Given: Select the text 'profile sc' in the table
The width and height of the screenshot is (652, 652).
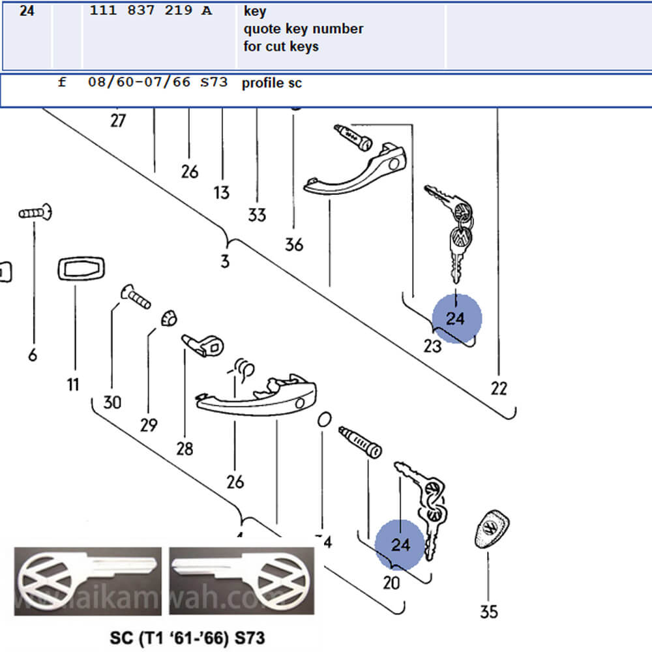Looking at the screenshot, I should [x=272, y=83].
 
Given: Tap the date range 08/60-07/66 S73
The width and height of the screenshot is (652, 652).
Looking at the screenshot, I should [x=158, y=83].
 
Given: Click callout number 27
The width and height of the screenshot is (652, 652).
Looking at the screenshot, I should [x=117, y=121].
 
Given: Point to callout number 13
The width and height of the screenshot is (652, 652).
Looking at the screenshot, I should [x=222, y=192].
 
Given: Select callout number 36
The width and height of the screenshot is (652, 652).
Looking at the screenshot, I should [x=294, y=244].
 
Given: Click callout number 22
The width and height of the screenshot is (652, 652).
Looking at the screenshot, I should [x=499, y=389].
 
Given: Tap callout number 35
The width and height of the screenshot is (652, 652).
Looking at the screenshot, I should [x=489, y=612].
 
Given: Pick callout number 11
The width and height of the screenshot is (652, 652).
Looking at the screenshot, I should [x=72, y=384].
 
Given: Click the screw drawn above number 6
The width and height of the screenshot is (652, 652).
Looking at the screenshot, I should [x=35, y=213].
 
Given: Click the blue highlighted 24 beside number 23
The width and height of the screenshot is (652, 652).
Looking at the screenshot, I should [x=456, y=318].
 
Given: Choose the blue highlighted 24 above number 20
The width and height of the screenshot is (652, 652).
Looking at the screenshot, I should [x=400, y=544].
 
